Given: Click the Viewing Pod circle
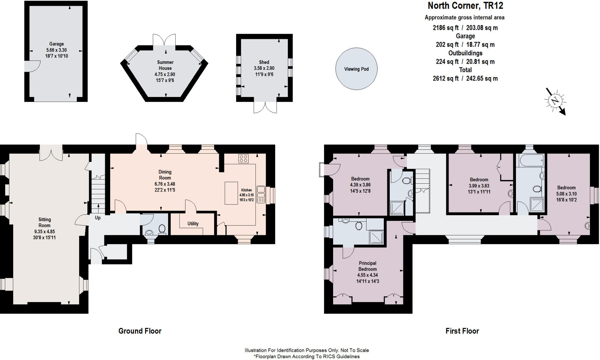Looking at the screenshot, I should coord(356,69).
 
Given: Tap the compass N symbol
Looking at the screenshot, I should coord(555,101).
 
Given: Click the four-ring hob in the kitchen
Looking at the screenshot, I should coord(243,158).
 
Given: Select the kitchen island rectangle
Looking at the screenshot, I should coord(231,193).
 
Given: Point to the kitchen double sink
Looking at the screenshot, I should coord(261,194).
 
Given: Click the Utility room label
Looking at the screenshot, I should coord(193,223).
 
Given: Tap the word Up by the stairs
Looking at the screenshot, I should coord(98,218).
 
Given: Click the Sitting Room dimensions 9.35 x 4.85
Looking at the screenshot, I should coord(45,231).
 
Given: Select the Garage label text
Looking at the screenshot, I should coord(57,44).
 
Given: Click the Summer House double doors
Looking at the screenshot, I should coord(164,40).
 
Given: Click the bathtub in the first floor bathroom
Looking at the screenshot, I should coord(531,160).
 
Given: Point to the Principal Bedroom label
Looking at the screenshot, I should coord(367,266).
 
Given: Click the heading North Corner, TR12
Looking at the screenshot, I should coord(465,6).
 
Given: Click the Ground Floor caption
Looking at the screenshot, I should coord(140,331).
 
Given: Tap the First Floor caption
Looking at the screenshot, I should coord(462,331).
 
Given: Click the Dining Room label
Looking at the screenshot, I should coord(165,175).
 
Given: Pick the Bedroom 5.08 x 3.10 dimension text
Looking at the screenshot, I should coord(566,194).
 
